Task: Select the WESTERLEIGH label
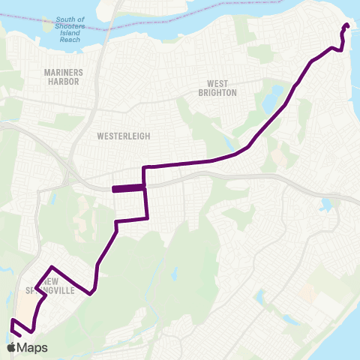pos(124,136)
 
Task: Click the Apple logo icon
pos(11,347)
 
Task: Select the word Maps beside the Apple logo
pos(34,347)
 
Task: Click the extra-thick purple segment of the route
pos(127,189)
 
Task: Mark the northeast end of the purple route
pos(346,25)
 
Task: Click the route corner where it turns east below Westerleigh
pos(144,166)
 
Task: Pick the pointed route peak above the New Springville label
pos(51,267)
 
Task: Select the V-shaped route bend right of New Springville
pos(91,293)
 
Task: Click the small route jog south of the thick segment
pos(117,222)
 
